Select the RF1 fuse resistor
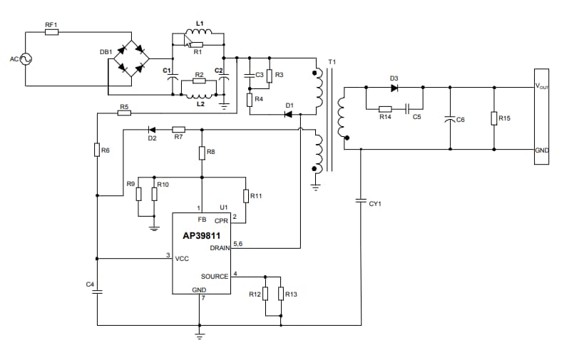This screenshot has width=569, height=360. [51, 32]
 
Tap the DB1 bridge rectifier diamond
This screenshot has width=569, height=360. [131, 59]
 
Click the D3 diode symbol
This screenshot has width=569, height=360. [394, 88]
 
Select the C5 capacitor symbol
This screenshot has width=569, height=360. [407, 108]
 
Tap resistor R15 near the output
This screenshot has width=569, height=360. [495, 118]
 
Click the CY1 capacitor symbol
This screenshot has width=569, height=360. [362, 203]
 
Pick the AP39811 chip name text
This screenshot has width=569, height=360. [200, 234]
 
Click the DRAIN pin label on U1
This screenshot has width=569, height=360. [219, 248]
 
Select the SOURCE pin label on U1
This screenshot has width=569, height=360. [214, 276]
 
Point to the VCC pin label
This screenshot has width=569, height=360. [182, 259]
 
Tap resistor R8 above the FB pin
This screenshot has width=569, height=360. [202, 153]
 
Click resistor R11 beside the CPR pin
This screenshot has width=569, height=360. [246, 196]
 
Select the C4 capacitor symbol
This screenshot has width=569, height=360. [98, 291]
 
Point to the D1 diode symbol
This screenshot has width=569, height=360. [288, 114]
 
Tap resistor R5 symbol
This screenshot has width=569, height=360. [124, 113]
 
